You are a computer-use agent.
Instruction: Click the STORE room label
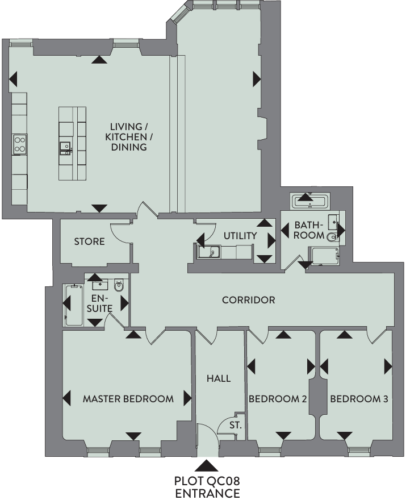click(x=89, y=241)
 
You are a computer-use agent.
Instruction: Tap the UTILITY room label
click(x=240, y=236)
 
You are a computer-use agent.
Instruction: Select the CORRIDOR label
click(x=248, y=300)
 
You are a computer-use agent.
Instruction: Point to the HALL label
click(x=219, y=378)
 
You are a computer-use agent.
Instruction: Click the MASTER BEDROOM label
click(x=128, y=399)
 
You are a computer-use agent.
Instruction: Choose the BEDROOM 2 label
click(x=278, y=399)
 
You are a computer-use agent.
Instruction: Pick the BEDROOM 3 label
click(x=359, y=399)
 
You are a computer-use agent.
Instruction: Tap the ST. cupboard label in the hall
click(x=236, y=425)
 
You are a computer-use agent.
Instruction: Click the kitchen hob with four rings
click(x=20, y=144)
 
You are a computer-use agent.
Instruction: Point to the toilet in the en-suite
click(x=119, y=285)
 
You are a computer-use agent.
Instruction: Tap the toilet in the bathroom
click(x=333, y=236)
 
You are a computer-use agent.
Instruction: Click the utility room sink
click(x=209, y=252)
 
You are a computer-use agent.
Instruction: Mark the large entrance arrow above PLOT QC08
click(x=207, y=465)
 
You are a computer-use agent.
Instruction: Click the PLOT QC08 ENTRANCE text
click(x=207, y=487)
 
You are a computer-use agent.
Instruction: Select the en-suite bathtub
click(x=74, y=306)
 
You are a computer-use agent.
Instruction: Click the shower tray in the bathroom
click(x=325, y=256)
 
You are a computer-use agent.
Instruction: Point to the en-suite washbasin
click(x=101, y=285)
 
